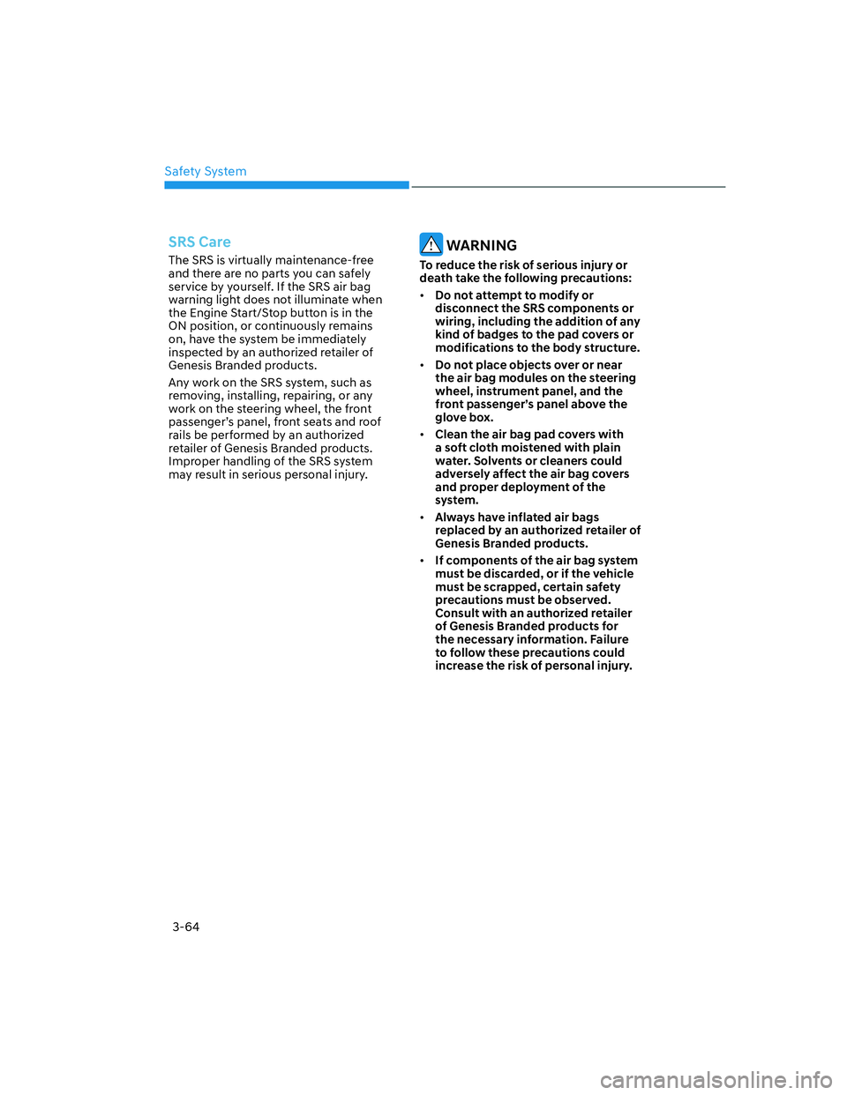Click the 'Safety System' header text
tap(206, 171)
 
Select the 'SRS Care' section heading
tap(199, 242)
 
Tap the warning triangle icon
tap(431, 244)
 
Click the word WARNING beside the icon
tap(482, 245)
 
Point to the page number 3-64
tap(186, 927)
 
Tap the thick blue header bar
tap(287, 185)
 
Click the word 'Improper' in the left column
tap(193, 461)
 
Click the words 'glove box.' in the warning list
tap(464, 417)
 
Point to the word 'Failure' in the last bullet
tap(610, 639)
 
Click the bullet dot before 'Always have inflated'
tap(423, 518)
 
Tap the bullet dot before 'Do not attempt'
tap(423, 295)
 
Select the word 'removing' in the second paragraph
tap(194, 396)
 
